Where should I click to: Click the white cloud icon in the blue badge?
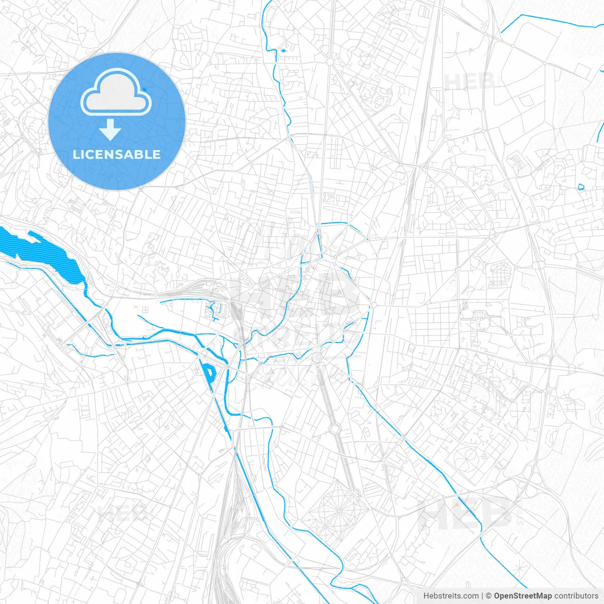click(116, 92)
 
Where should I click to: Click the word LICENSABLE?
click(117, 154)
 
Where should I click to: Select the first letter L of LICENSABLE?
click(75, 154)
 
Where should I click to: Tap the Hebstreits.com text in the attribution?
click(451, 596)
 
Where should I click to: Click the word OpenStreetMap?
click(522, 596)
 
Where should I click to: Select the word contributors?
click(576, 596)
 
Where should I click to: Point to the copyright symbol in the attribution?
click(489, 596)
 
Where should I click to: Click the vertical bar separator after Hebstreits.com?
click(482, 596)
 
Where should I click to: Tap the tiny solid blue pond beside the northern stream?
click(284, 50)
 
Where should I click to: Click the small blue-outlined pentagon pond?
click(581, 186)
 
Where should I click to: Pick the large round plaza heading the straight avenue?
click(317, 357)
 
